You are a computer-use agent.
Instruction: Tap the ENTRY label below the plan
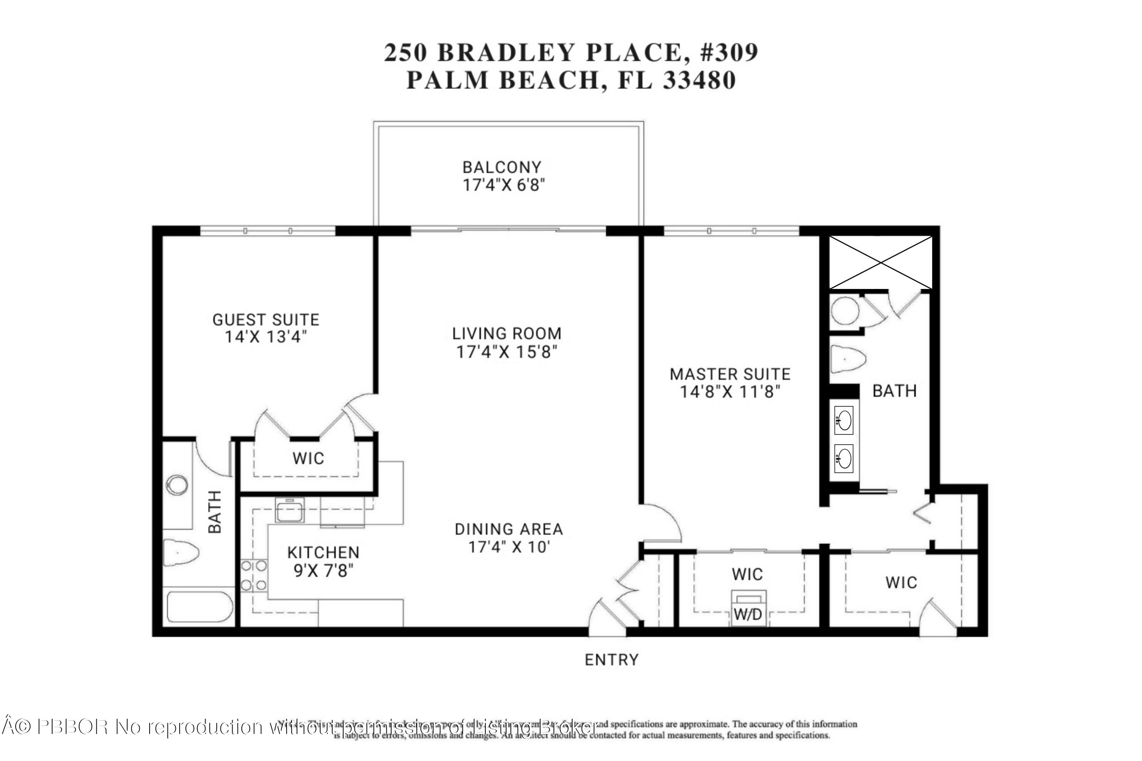tap(611, 660)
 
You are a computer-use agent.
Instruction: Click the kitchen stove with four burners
tap(254, 575)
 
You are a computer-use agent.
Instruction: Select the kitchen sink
tap(289, 510)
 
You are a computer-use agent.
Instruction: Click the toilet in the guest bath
tap(180, 552)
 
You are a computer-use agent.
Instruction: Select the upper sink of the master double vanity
tap(844, 420)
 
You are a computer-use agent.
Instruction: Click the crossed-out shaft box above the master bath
tap(880, 263)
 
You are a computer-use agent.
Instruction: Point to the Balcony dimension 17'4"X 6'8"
tap(503, 185)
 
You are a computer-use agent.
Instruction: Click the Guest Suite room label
tap(266, 320)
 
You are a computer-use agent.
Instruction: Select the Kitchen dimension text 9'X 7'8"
tap(323, 571)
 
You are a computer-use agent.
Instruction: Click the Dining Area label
tap(509, 529)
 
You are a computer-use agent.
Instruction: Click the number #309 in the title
tap(729, 53)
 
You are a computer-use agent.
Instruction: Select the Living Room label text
tap(507, 333)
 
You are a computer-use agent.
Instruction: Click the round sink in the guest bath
tap(177, 484)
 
